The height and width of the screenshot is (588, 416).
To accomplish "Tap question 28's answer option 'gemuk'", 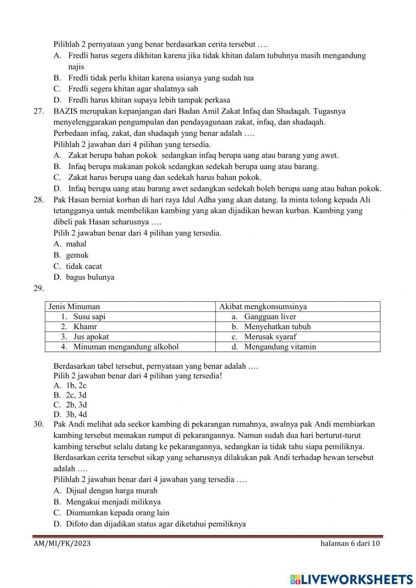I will point(77,255).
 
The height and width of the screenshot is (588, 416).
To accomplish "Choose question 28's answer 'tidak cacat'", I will point(84,266).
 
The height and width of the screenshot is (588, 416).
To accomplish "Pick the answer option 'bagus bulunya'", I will point(90,277).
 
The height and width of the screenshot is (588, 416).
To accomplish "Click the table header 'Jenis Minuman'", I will point(74,307).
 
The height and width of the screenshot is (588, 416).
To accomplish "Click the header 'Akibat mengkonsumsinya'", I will point(263,307).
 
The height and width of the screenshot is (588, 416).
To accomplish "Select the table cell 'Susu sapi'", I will point(89,317).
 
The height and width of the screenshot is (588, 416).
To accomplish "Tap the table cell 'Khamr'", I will point(85,327).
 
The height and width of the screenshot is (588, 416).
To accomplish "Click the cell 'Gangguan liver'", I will point(270,317).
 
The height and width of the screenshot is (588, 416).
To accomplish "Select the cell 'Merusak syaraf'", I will point(270,337).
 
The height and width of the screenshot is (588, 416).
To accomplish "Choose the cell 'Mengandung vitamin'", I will point(280,347).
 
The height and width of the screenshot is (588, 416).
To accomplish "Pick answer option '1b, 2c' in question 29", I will point(76,386).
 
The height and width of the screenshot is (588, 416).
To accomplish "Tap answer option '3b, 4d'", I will point(76,414).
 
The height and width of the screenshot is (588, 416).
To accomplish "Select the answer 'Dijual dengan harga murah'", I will point(111,491).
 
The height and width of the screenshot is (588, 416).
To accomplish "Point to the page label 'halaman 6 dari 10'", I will point(350,543).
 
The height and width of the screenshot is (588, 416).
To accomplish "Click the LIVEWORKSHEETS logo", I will point(352,579).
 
